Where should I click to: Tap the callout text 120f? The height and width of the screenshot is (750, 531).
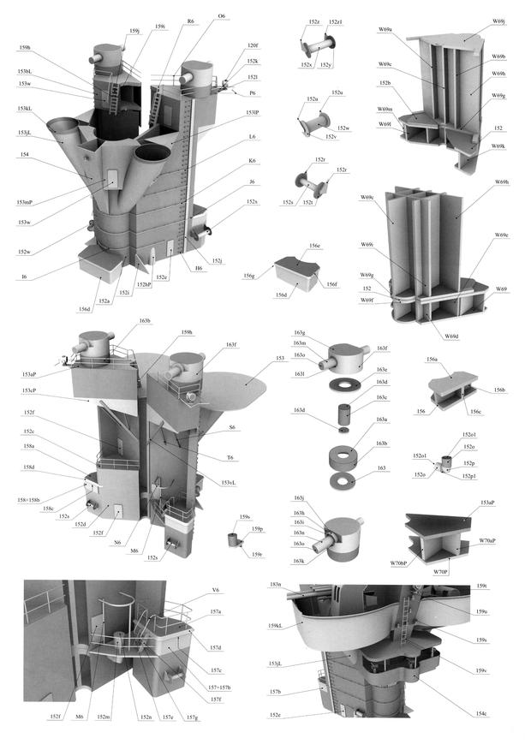253,45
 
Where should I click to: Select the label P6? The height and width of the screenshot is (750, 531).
253,92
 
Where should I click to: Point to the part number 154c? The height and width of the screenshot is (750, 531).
481,713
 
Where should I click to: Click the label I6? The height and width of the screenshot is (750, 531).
24,277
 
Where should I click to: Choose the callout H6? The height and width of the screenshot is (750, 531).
199,268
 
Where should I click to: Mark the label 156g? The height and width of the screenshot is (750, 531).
249,276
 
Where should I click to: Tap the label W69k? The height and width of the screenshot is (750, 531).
498,146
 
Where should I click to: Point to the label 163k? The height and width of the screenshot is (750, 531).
299,561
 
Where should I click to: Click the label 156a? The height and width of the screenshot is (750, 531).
433,360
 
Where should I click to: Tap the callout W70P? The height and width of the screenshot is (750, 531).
440,570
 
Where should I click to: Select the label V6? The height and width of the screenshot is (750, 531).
216,590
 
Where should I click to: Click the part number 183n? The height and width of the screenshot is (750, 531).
275,585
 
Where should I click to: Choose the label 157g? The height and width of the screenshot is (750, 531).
191,717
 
